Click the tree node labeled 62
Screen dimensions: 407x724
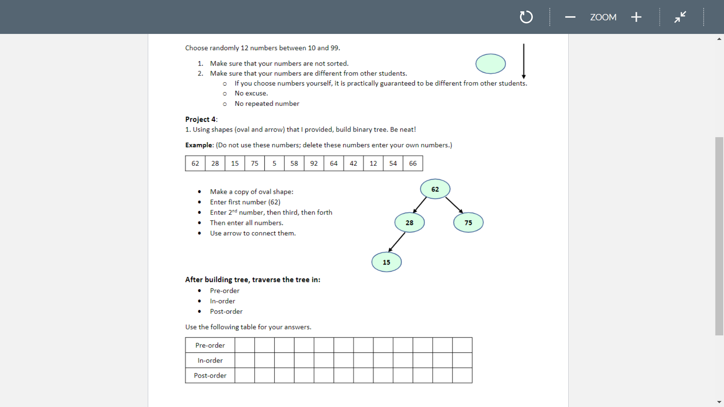tap(435, 189)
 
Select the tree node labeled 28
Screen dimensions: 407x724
tap(410, 222)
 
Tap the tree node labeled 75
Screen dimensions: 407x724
tap(468, 222)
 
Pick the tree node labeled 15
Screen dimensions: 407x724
tap(387, 262)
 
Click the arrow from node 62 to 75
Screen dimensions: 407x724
tap(454, 205)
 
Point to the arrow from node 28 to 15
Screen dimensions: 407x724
tap(397, 242)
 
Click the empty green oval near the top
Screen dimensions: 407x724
tap(490, 64)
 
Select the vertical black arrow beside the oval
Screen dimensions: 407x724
tap(523, 60)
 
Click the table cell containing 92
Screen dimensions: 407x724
tap(314, 163)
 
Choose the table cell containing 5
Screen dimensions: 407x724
tap(274, 163)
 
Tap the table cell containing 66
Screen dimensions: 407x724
tap(413, 163)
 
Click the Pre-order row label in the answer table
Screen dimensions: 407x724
tap(210, 345)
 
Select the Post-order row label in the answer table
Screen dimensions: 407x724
tap(210, 375)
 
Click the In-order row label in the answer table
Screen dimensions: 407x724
tap(210, 360)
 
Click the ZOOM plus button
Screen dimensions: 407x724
tap(636, 17)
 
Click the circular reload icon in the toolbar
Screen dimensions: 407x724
tap(526, 17)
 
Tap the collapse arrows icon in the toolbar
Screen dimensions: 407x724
tap(680, 17)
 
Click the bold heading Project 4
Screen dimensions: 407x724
tap(201, 119)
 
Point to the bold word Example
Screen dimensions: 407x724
tap(199, 145)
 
